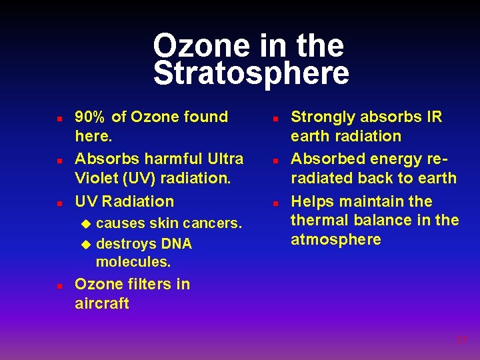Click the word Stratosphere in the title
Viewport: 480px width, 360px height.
point(251,73)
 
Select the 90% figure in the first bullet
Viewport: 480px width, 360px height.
point(90,117)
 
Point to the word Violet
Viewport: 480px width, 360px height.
point(98,178)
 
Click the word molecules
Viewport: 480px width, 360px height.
point(133,262)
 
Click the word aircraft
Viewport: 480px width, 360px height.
point(102,303)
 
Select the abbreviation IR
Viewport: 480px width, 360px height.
point(434,117)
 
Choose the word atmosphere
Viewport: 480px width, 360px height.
point(336,239)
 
